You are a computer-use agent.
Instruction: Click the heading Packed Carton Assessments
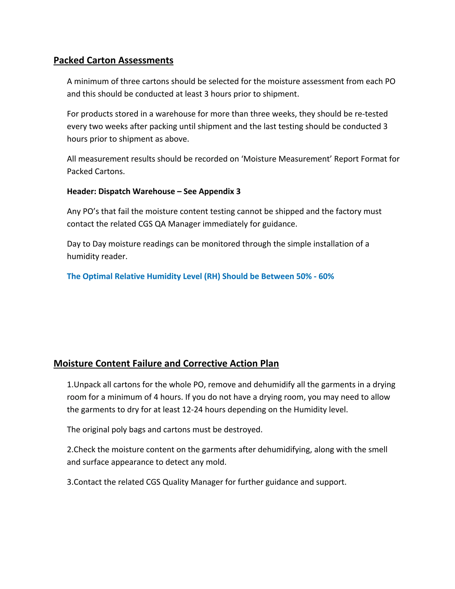tap(113, 60)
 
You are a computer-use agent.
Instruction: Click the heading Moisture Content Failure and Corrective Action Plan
tap(166, 364)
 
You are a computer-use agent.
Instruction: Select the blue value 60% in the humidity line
tap(326, 276)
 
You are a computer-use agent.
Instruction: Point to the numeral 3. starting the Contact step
tap(70, 482)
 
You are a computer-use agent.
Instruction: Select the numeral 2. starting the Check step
tap(70, 450)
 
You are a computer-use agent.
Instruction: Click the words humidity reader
tap(97, 256)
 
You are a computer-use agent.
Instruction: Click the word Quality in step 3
tap(176, 482)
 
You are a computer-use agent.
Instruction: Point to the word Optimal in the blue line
tap(98, 276)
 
